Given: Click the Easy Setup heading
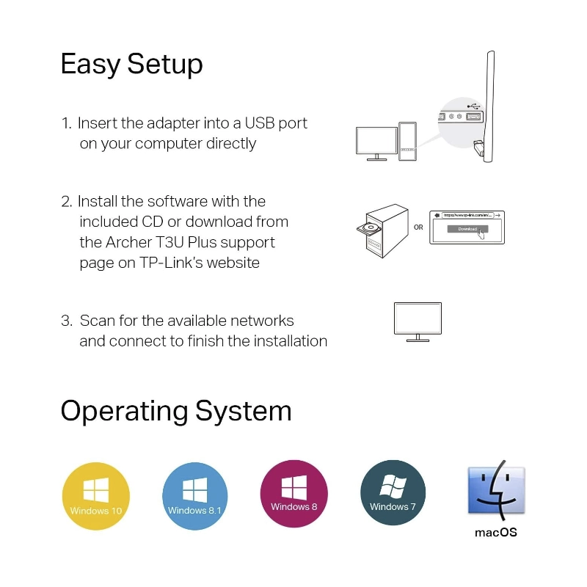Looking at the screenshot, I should [131, 65].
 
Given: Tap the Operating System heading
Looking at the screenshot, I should [176, 411].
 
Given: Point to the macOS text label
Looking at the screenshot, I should [496, 532].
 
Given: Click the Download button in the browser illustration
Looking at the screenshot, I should [467, 229].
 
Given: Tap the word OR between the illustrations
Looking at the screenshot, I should [418, 227].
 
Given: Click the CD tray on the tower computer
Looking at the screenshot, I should [368, 228].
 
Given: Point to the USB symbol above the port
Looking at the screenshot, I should [474, 106].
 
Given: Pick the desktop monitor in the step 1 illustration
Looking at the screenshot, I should [376, 141].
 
